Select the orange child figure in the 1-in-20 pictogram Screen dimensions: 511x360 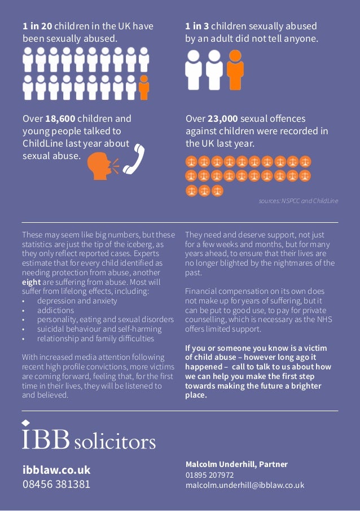click(144, 87)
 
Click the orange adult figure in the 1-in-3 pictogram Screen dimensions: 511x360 click(235, 69)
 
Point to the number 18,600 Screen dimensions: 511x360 click(60, 118)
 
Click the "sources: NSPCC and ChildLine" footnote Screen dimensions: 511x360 click(298, 201)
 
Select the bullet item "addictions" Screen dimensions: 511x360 click(55, 310)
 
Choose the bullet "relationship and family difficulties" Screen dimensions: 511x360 click(95, 338)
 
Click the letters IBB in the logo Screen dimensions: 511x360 click(46, 439)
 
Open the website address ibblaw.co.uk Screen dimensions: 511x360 click(56, 470)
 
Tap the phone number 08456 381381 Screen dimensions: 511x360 click(56, 484)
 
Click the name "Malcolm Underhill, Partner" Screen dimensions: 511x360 click(236, 464)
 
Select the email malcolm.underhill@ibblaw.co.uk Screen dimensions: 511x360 click(244, 485)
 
